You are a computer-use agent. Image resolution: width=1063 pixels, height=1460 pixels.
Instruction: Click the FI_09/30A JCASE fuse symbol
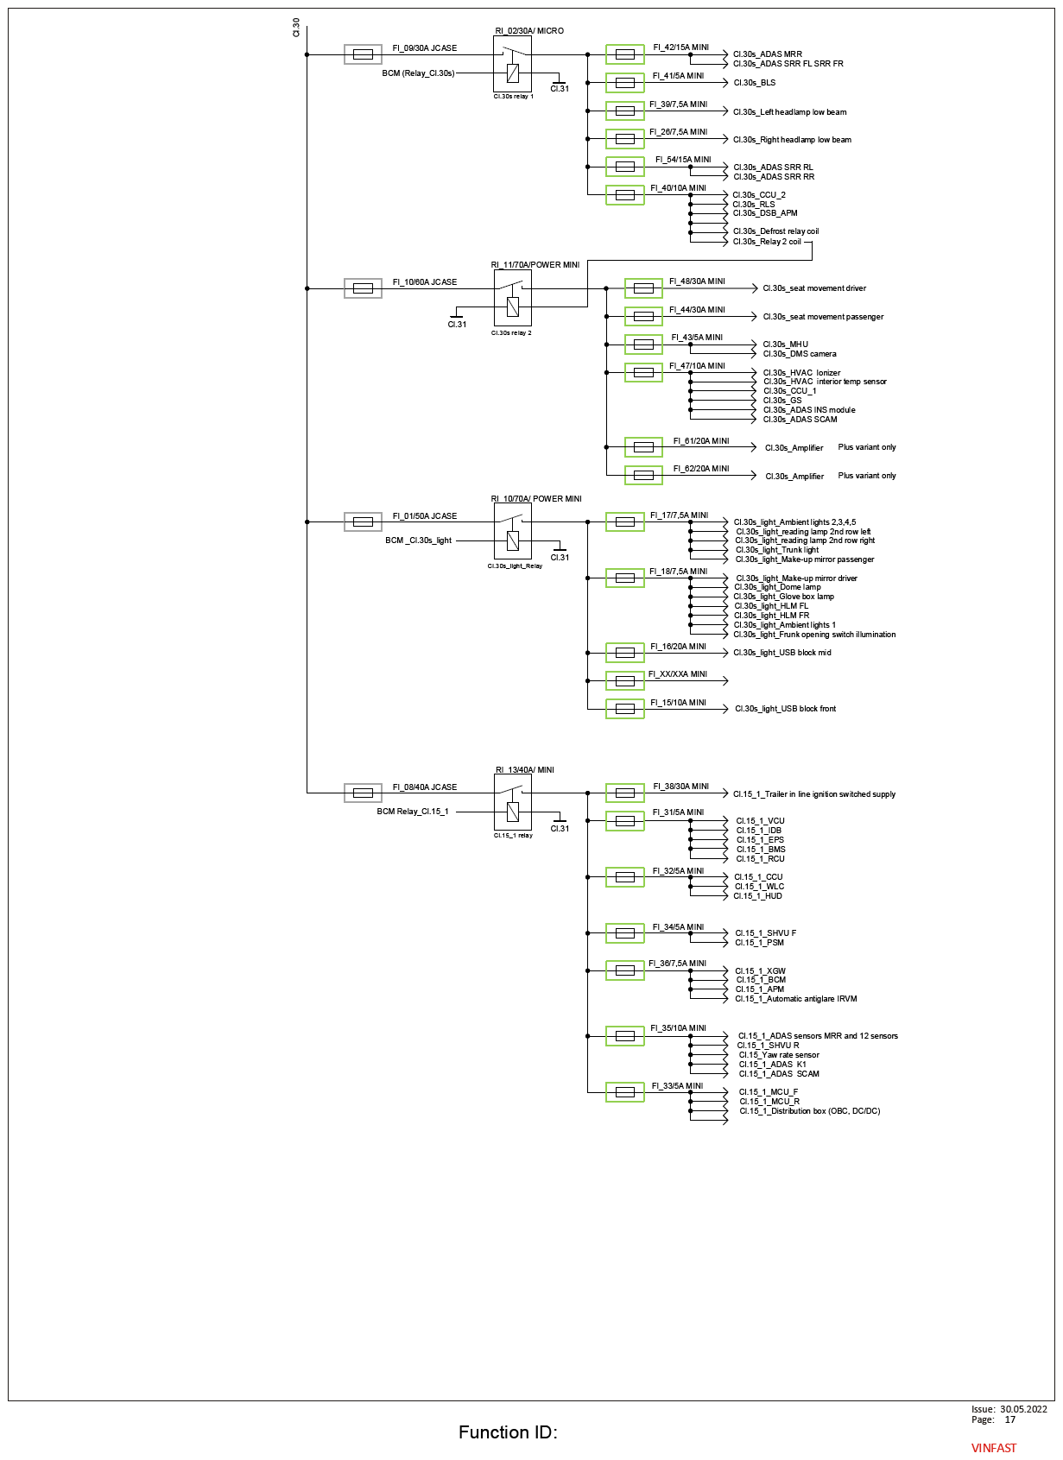pyautogui.click(x=363, y=54)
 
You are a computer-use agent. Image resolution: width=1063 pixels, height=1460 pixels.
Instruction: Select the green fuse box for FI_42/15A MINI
pyautogui.click(x=624, y=54)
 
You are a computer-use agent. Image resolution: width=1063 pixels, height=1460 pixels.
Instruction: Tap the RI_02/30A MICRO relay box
pyautogui.click(x=512, y=64)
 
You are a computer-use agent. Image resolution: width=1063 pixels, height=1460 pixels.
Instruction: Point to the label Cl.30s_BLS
pyautogui.click(x=754, y=83)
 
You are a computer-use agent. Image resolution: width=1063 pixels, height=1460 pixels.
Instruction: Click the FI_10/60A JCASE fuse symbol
pyautogui.click(x=363, y=288)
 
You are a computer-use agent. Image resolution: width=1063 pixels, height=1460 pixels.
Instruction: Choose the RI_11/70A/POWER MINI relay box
pyautogui.click(x=512, y=298)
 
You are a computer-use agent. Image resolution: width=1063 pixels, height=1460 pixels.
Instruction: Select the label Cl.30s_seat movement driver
pyautogui.click(x=814, y=288)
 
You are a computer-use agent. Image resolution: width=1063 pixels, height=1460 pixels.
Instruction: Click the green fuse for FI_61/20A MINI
pyautogui.click(x=643, y=447)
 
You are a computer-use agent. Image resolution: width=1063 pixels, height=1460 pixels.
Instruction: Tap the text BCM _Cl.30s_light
pyautogui.click(x=418, y=540)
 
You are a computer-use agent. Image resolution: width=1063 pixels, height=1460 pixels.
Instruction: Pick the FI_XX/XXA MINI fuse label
pyautogui.click(x=677, y=674)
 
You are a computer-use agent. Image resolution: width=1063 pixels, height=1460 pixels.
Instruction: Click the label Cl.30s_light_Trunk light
pyautogui.click(x=777, y=549)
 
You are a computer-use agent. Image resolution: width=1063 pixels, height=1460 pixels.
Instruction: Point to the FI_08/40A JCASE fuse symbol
pyautogui.click(x=363, y=793)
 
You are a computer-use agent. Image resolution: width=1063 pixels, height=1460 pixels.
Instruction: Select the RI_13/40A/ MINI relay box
pyautogui.click(x=512, y=802)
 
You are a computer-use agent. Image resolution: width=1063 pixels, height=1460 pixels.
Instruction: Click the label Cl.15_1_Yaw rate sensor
pyautogui.click(x=779, y=1054)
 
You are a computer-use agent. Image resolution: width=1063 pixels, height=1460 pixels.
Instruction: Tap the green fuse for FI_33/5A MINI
pyautogui.click(x=624, y=1091)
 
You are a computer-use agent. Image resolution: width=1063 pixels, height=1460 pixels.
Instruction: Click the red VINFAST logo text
pyautogui.click(x=993, y=1448)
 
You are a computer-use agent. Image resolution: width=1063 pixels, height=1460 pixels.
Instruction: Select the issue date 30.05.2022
pyautogui.click(x=1023, y=1409)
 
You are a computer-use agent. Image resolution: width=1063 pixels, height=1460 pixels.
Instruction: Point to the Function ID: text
pyautogui.click(x=508, y=1432)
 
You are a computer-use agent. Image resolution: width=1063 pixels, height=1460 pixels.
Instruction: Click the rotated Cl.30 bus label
pyautogui.click(x=296, y=28)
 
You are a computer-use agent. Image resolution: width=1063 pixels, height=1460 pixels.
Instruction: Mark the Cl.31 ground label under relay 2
pyautogui.click(x=457, y=324)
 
